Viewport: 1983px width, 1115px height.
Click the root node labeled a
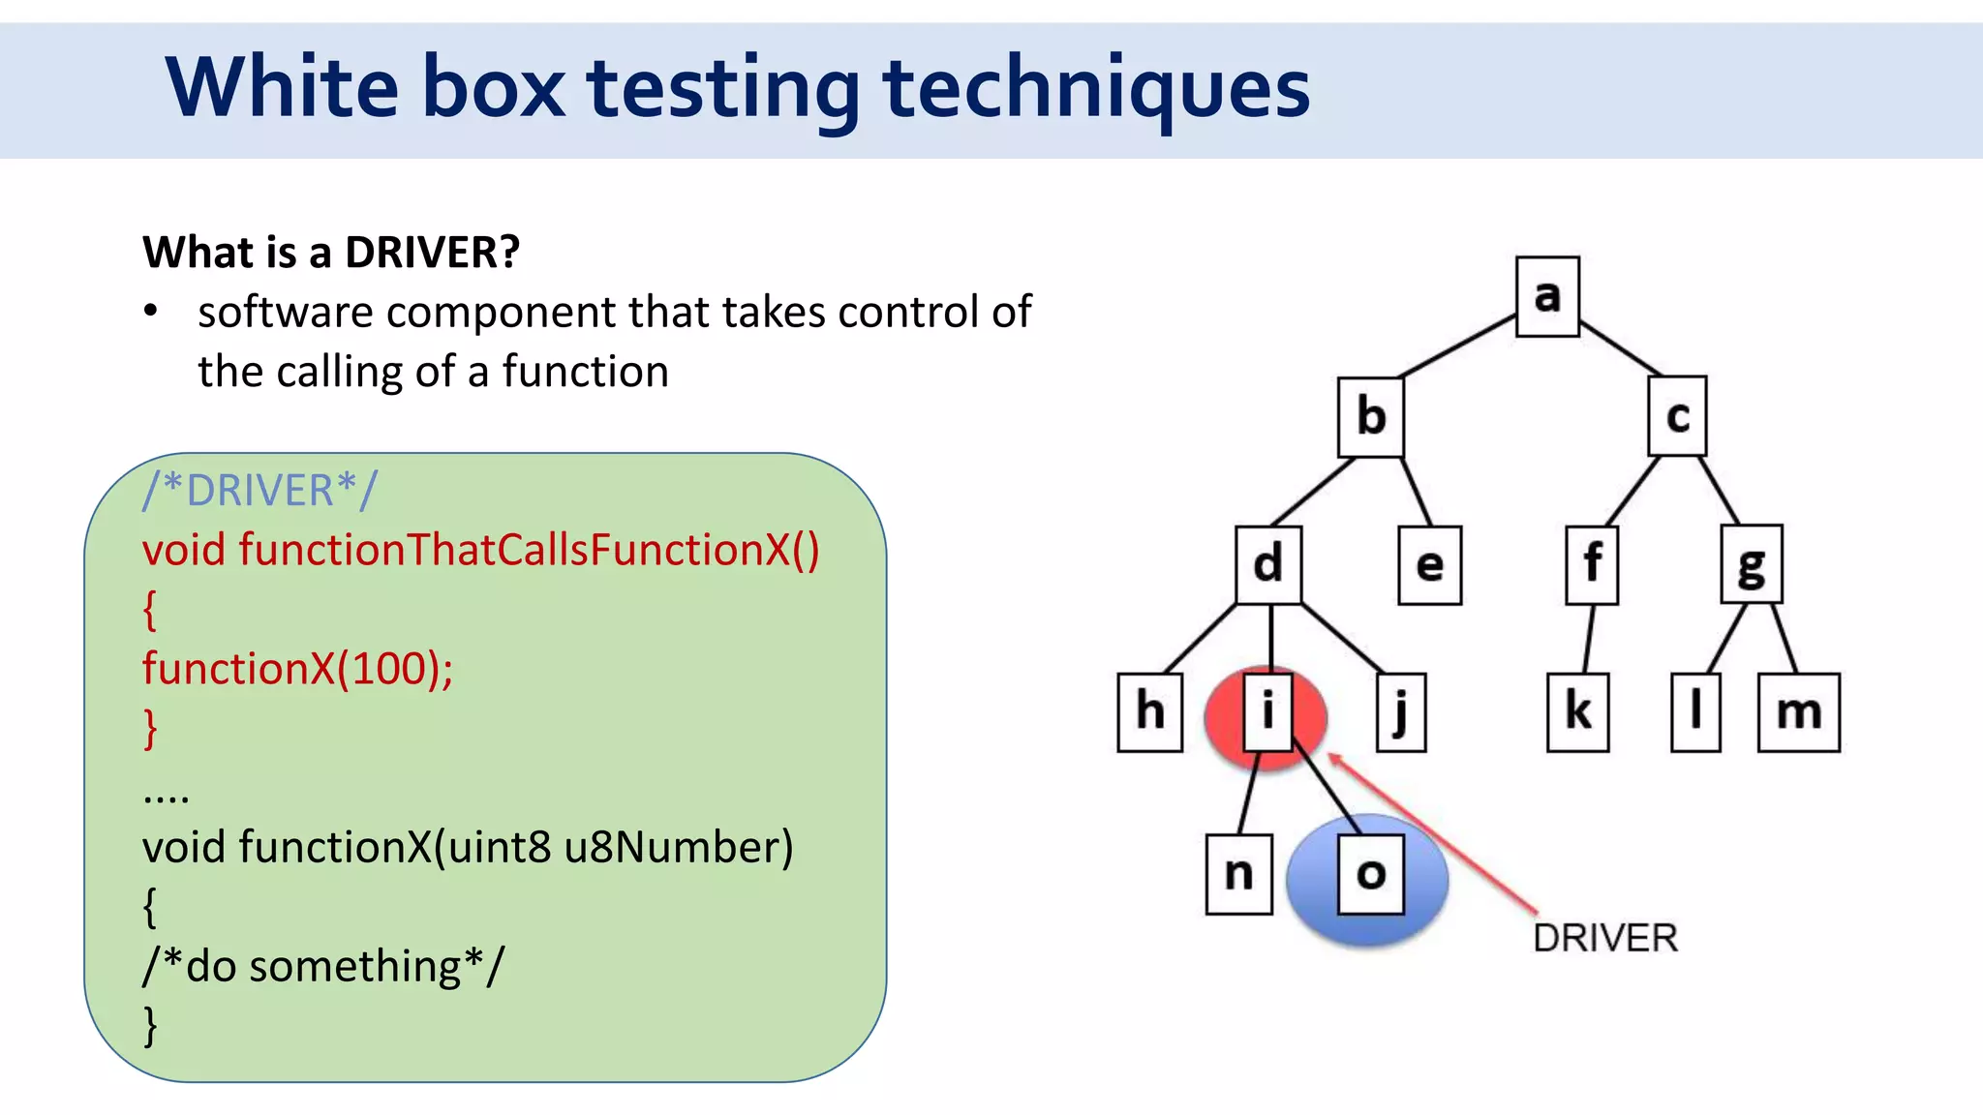tap(1547, 296)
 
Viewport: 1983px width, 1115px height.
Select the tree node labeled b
tap(1371, 417)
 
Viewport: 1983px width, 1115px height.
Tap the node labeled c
tap(1677, 417)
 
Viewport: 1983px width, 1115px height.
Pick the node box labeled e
tap(1430, 565)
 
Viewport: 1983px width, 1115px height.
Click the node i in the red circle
tap(1267, 712)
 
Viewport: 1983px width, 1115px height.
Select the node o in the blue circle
tap(1370, 875)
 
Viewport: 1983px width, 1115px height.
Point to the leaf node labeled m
tap(1798, 712)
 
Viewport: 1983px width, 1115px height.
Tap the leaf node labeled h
tap(1149, 712)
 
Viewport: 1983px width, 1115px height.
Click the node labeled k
tap(1577, 712)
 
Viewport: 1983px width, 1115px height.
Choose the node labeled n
tap(1238, 875)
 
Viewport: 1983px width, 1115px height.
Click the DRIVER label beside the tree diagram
tap(1604, 938)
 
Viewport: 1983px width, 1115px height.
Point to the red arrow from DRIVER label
tap(1433, 832)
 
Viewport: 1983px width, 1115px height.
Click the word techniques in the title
tap(1096, 89)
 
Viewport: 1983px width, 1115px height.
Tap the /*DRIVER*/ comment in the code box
tap(259, 491)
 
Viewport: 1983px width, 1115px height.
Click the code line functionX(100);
tap(297, 669)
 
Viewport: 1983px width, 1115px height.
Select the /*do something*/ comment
tap(323, 966)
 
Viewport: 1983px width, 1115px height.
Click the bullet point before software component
tap(150, 313)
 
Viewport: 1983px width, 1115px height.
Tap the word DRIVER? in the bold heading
tap(432, 253)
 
